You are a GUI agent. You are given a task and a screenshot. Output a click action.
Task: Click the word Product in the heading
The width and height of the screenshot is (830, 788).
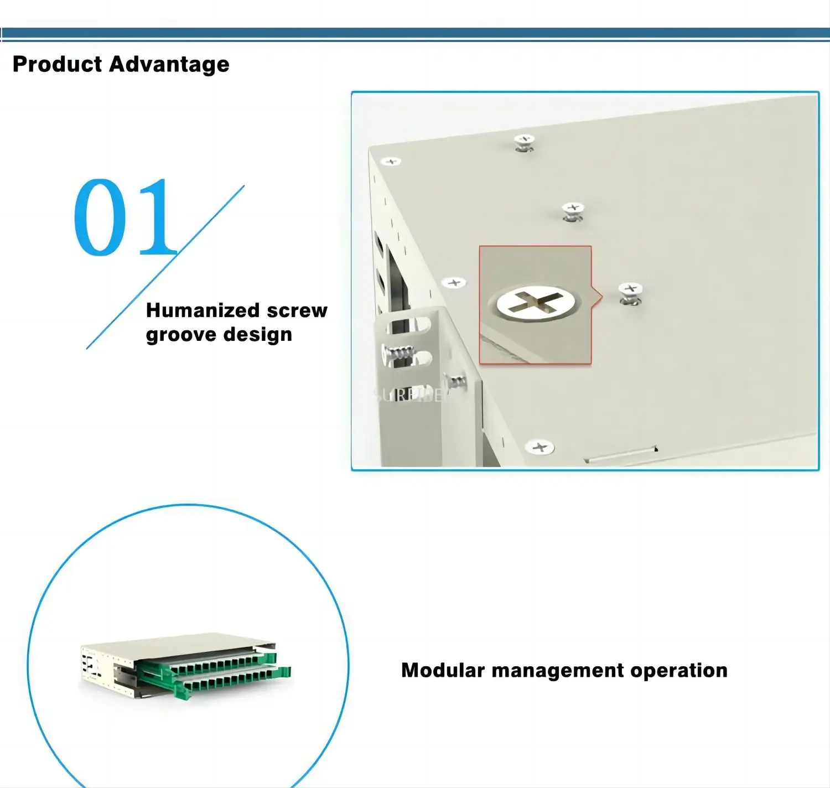(x=57, y=64)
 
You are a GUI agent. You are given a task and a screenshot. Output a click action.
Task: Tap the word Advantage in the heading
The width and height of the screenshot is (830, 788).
(x=169, y=65)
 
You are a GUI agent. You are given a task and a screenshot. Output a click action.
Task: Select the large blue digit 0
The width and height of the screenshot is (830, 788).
(x=100, y=217)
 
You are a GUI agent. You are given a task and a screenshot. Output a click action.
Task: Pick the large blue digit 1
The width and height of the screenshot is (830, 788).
(x=157, y=217)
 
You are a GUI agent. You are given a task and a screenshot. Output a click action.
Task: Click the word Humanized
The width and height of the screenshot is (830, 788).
(x=203, y=310)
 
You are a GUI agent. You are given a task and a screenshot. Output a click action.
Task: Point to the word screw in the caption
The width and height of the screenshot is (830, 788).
(x=297, y=310)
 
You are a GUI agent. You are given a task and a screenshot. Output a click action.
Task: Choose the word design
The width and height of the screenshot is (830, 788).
(x=257, y=335)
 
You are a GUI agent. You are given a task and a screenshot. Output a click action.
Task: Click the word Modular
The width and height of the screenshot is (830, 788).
(x=443, y=670)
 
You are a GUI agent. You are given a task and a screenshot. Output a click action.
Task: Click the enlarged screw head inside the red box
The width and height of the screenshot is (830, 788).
(x=536, y=303)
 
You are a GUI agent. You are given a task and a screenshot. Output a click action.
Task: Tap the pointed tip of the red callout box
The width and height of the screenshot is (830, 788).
(x=601, y=297)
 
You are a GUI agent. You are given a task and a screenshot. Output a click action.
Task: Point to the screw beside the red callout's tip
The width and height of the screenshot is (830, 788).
(x=630, y=293)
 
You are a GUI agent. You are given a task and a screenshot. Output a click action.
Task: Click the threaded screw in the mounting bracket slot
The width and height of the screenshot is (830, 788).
(x=398, y=353)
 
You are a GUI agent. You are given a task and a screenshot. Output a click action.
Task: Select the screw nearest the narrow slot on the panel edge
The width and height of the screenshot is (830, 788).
(x=539, y=447)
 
